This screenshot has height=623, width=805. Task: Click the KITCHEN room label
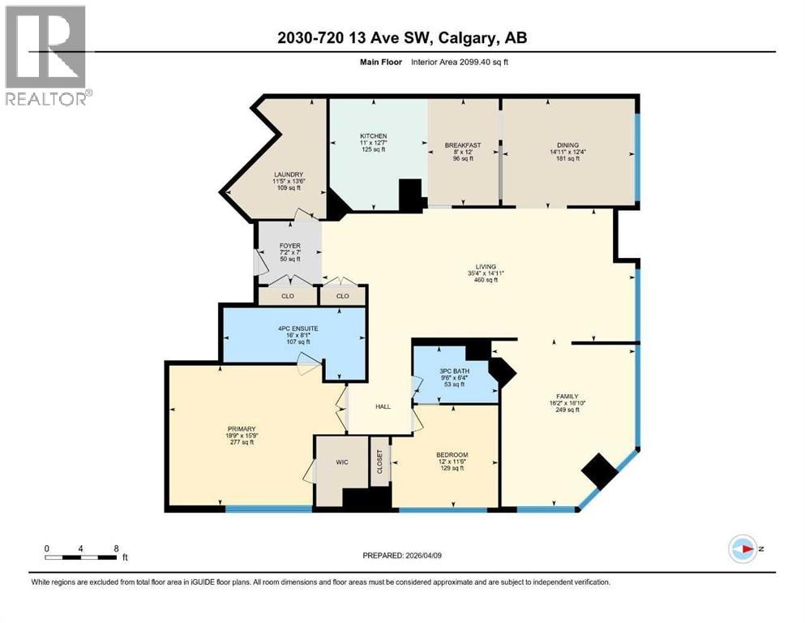click(373, 136)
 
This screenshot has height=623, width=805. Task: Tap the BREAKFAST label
click(463, 145)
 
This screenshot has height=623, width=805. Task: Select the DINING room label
click(567, 145)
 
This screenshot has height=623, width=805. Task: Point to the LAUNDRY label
click(288, 174)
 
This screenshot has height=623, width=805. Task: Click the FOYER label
click(290, 246)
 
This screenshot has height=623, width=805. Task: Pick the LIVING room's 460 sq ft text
click(486, 280)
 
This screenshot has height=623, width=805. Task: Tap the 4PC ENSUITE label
click(298, 329)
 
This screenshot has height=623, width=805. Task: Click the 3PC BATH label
click(454, 371)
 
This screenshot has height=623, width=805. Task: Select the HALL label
click(383, 406)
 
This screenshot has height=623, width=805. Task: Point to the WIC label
click(342, 462)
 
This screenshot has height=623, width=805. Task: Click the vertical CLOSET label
click(380, 462)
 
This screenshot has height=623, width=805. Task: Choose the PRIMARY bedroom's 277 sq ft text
click(242, 442)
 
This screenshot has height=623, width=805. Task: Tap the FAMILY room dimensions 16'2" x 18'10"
click(567, 403)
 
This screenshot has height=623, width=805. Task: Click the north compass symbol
click(743, 549)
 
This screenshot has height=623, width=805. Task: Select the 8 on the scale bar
click(117, 548)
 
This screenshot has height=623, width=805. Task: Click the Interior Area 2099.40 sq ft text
click(460, 62)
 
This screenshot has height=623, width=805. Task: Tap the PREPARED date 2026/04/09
click(423, 556)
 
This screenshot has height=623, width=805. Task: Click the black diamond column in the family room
click(599, 471)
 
